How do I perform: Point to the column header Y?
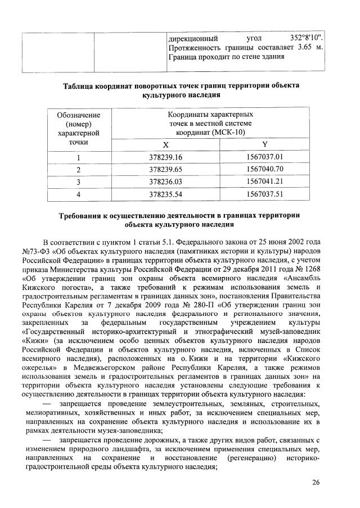point(264,144)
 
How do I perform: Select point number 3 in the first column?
point(79,182)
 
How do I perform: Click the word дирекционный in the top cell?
point(193,39)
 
